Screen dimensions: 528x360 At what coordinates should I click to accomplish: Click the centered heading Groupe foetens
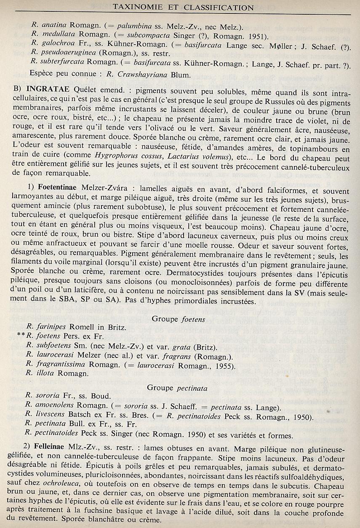click(179, 319)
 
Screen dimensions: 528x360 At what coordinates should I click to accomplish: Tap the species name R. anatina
click(49, 25)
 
